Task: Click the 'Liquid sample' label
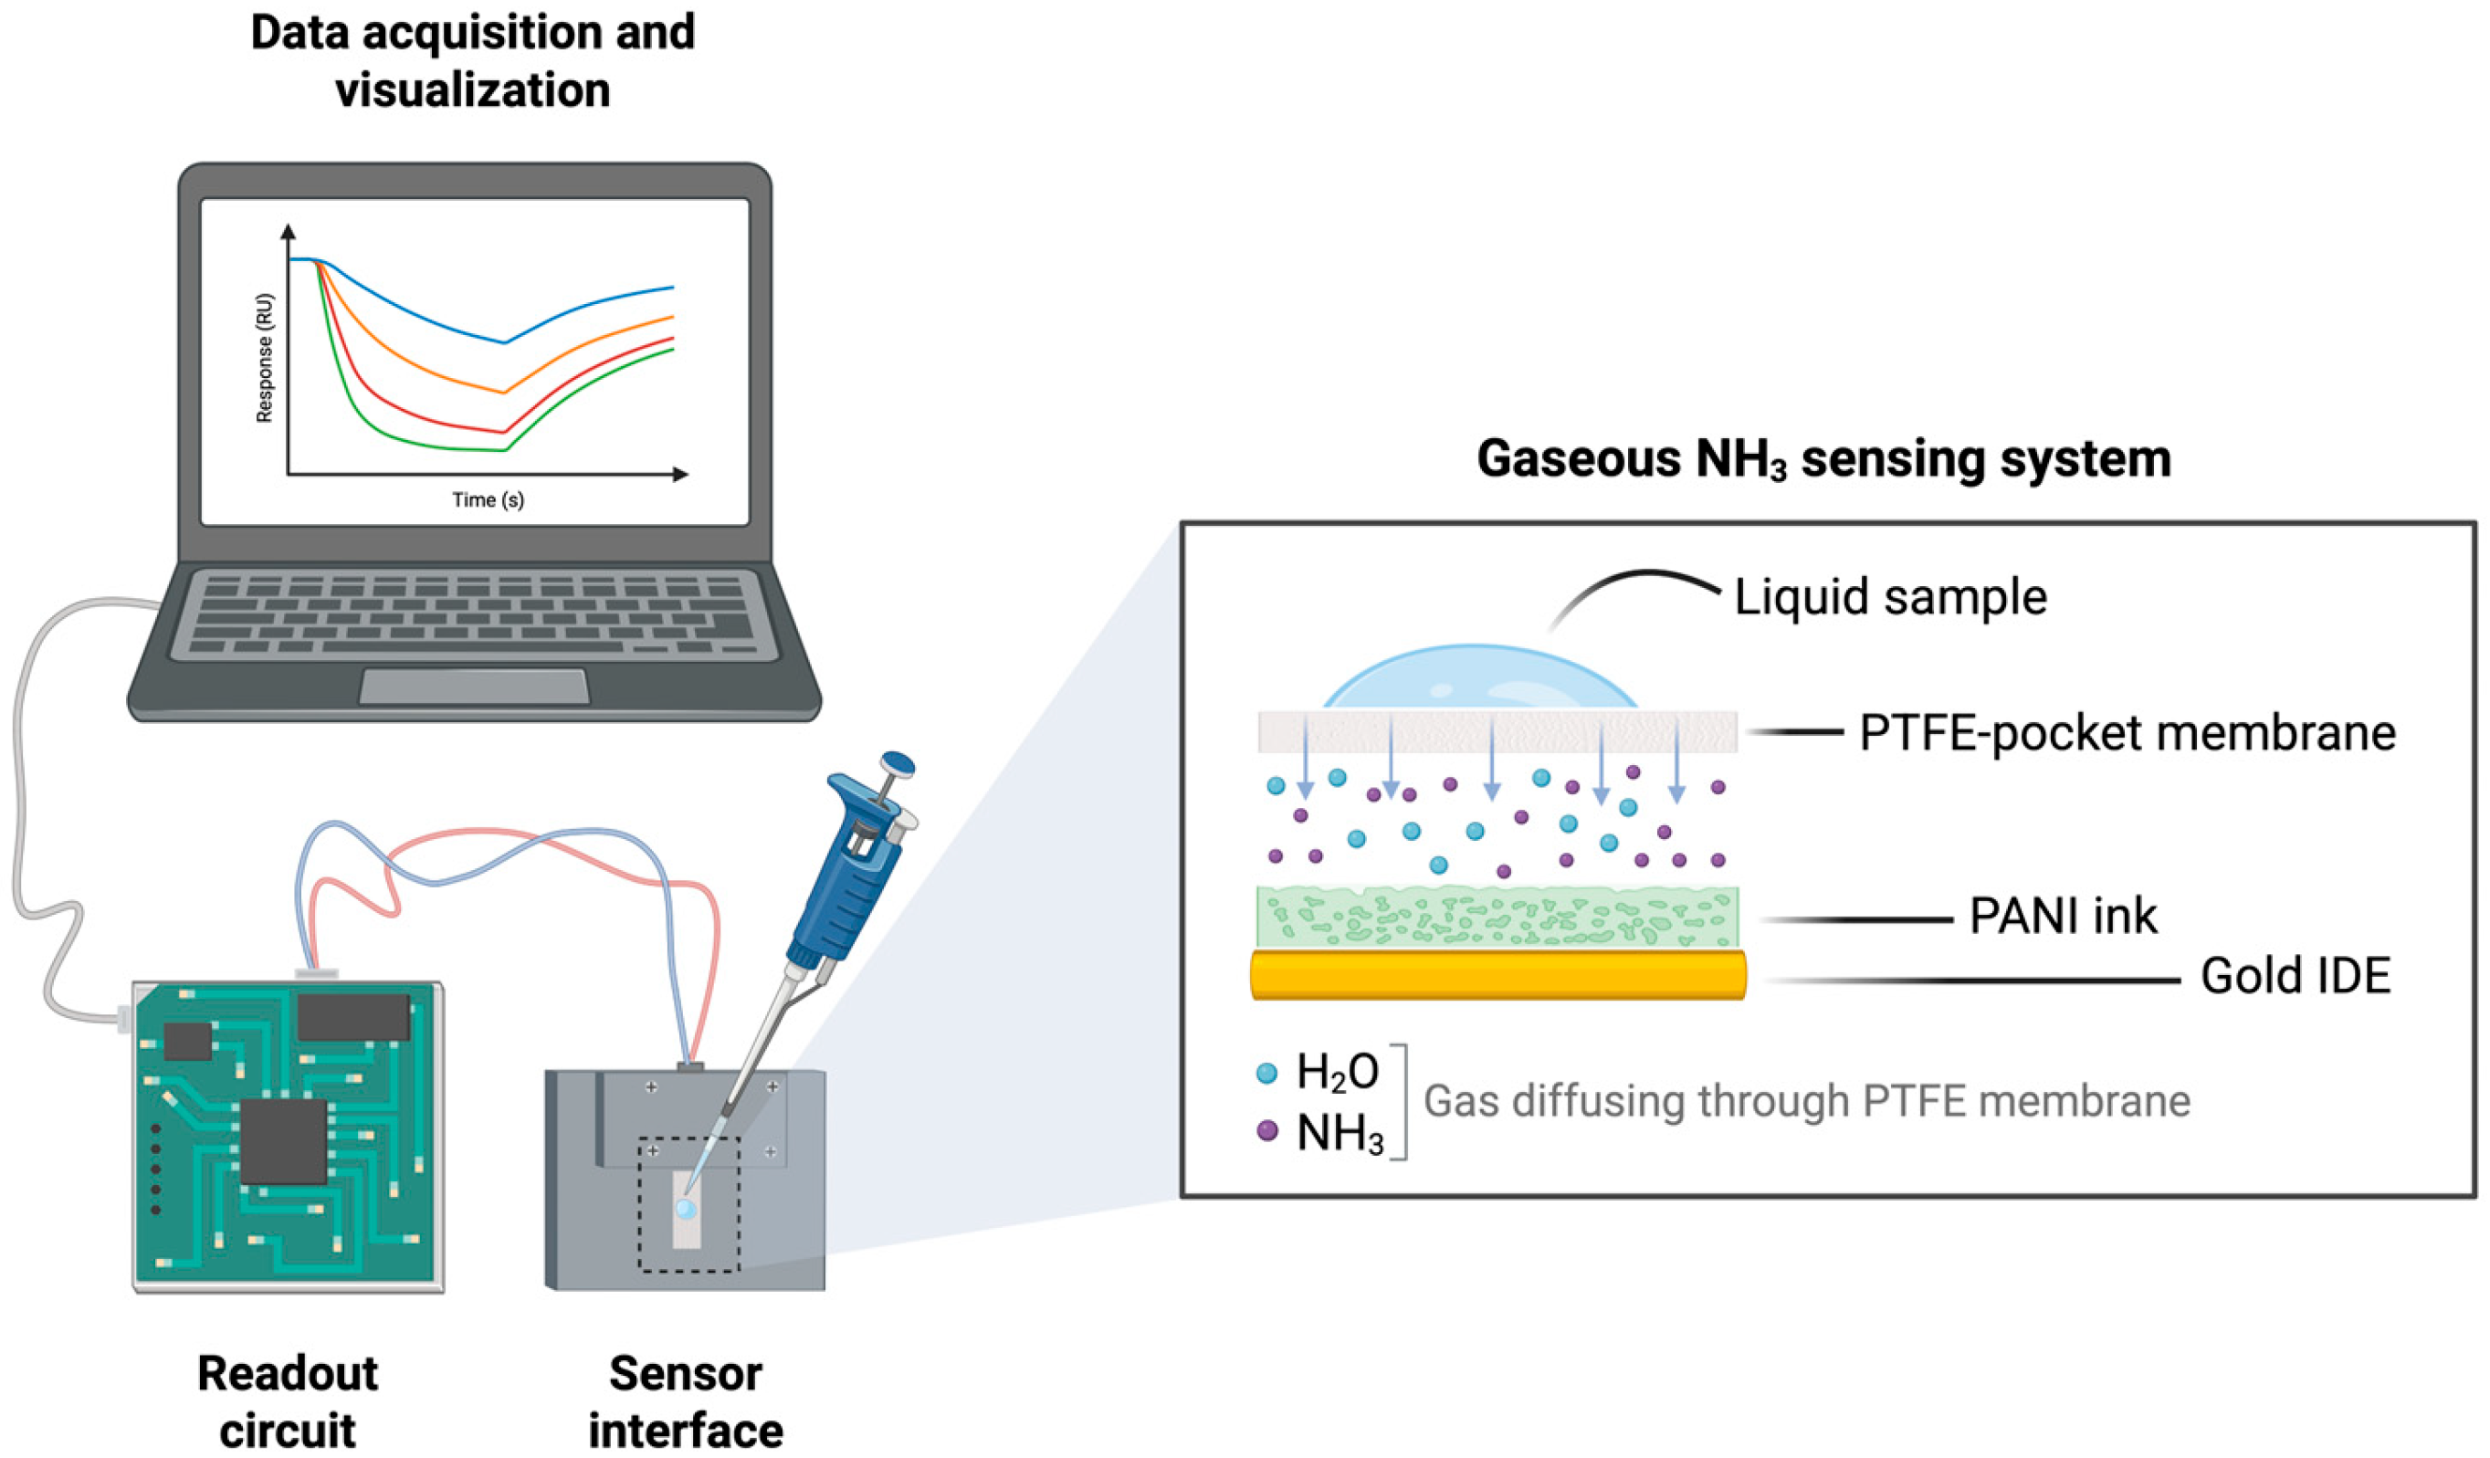click(1889, 598)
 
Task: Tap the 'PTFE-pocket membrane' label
click(2127, 734)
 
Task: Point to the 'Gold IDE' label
click(2295, 977)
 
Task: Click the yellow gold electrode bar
click(1497, 976)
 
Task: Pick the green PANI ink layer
click(1497, 918)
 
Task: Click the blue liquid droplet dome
click(1479, 679)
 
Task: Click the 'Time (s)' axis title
click(489, 499)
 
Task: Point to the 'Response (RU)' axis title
click(264, 358)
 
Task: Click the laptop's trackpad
click(473, 687)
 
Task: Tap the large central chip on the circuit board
click(284, 1141)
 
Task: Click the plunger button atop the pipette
click(898, 763)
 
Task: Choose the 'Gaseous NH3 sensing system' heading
click(1823, 459)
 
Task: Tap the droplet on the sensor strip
click(685, 1210)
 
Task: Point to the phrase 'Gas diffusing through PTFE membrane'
click(1806, 1101)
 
